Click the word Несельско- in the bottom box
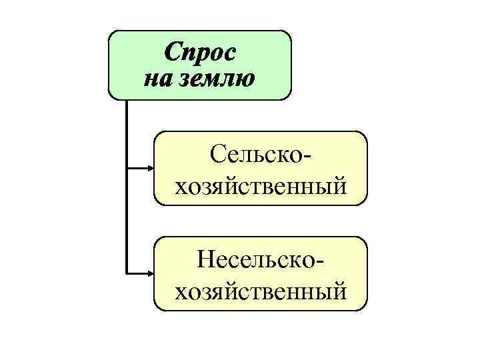click(x=260, y=261)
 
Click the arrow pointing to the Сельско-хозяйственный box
click(x=140, y=167)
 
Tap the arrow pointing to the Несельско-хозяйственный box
click(x=140, y=272)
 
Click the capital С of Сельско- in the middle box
click(x=219, y=156)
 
